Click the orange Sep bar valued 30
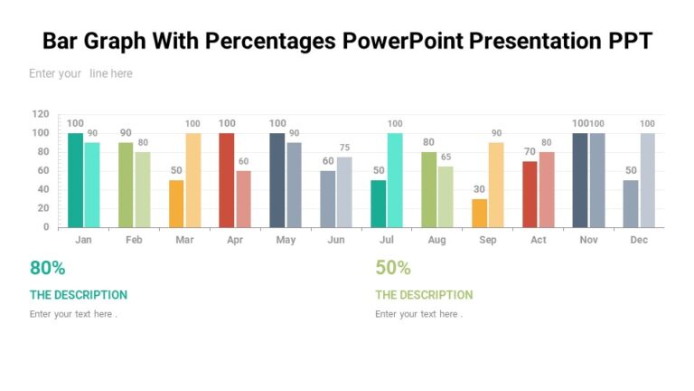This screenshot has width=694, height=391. [x=480, y=213]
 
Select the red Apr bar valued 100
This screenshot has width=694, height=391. [x=227, y=180]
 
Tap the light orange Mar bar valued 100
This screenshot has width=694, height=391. [x=193, y=180]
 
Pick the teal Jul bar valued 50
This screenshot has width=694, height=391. [x=379, y=204]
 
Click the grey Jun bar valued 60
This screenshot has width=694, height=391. [x=328, y=199]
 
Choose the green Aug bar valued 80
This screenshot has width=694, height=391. [x=429, y=189]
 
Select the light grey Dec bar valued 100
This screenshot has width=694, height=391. [x=648, y=180]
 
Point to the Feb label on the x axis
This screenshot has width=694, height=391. [x=134, y=241]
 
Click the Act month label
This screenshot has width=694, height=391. [x=539, y=241]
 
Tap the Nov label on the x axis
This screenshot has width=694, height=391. [x=588, y=241]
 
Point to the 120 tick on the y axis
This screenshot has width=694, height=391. [x=41, y=114]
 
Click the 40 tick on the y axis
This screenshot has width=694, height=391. [x=43, y=189]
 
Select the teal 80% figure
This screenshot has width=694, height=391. [x=48, y=268]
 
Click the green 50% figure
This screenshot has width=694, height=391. [x=393, y=268]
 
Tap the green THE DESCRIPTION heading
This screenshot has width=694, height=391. [x=424, y=295]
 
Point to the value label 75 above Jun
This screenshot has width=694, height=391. [x=344, y=148]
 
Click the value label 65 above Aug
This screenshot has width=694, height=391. [x=445, y=157]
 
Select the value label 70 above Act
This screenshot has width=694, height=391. [x=530, y=152]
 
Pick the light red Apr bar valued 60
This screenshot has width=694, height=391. [x=244, y=199]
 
